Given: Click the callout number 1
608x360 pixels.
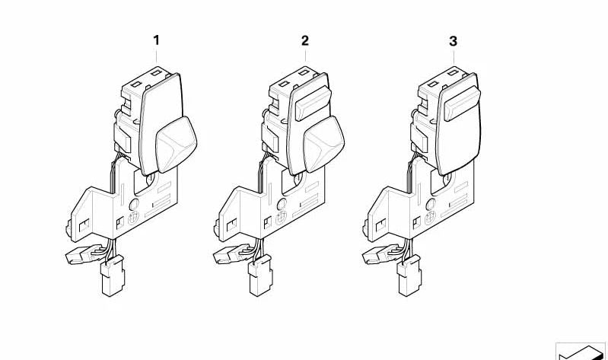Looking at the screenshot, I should [157, 40].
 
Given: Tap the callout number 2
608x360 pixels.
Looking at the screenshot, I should [305, 40].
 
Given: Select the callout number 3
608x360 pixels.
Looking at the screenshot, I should [454, 40].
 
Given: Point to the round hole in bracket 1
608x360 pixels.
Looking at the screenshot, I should [133, 205].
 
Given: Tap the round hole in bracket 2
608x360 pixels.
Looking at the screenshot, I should [282, 205].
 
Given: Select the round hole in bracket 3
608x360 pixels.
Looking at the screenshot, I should [430, 205].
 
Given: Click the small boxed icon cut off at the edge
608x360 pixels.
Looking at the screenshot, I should [581, 352].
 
